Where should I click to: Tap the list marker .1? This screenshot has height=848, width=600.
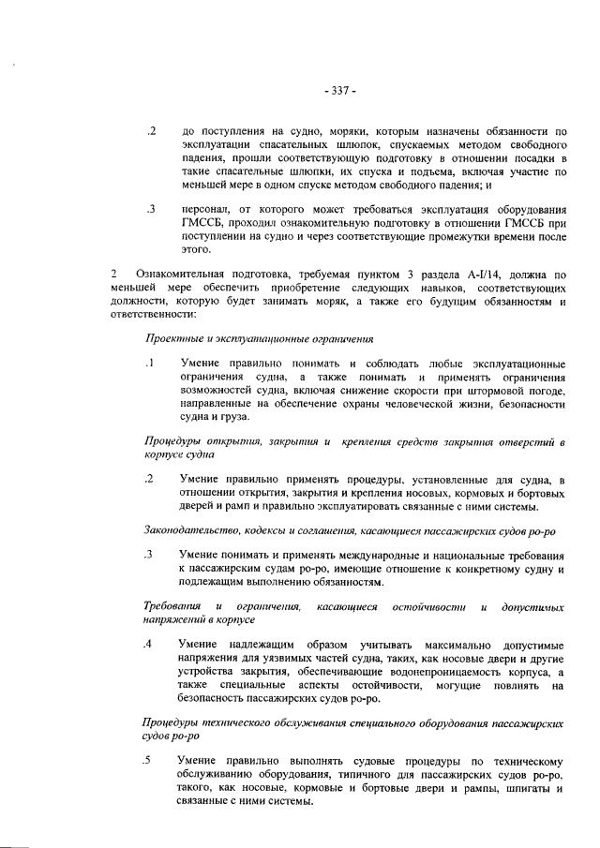point(149,364)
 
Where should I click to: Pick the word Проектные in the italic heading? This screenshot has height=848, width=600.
point(172,337)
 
